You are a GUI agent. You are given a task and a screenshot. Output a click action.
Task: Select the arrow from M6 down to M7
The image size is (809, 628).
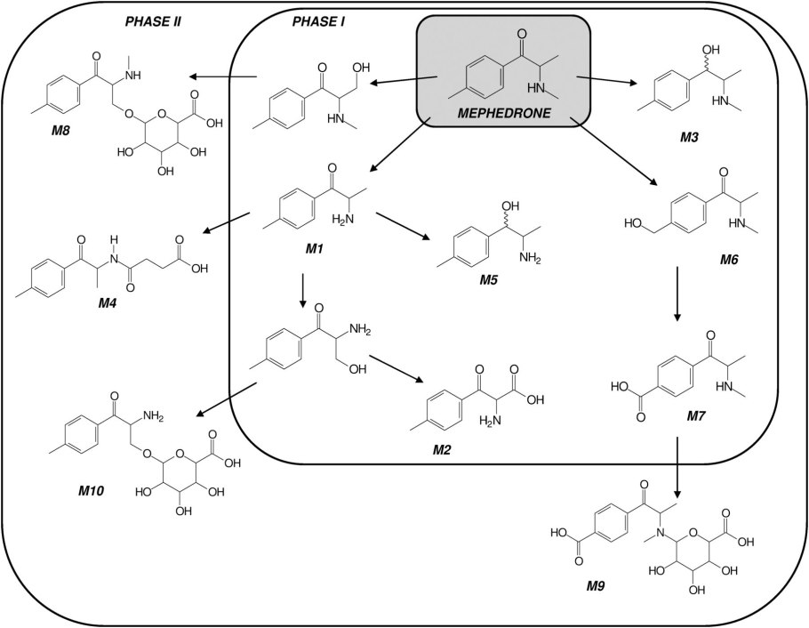(678, 293)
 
